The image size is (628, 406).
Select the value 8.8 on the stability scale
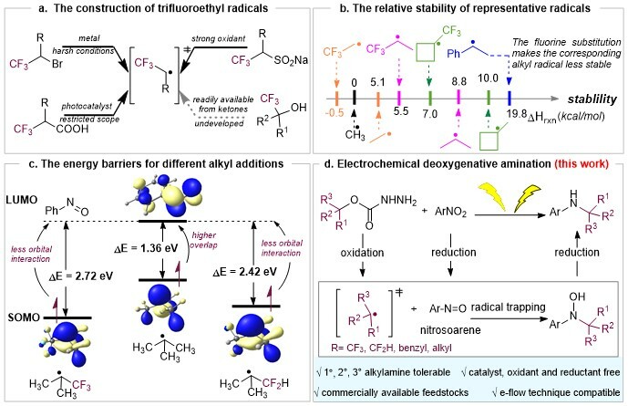pyautogui.click(x=458, y=81)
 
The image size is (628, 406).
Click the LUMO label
pyautogui.click(x=21, y=199)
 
